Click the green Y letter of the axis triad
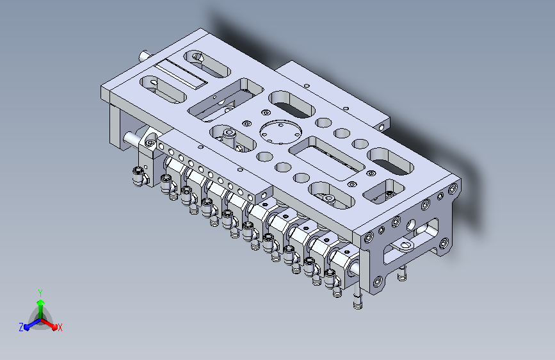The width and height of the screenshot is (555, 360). coord(40,293)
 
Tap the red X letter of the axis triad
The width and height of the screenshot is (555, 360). coord(60,327)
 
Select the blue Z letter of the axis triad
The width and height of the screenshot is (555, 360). coord(21,327)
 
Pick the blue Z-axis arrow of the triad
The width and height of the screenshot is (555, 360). coord(33,324)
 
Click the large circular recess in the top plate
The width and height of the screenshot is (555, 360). coord(280,133)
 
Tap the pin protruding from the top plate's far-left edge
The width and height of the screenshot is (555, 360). coord(145,56)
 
